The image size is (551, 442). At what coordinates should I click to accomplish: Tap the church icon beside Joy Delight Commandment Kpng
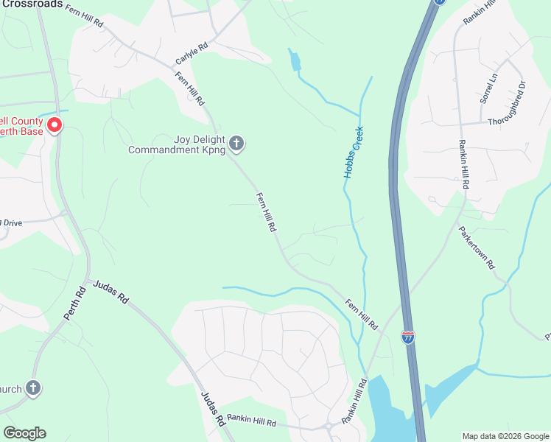coord(236,143)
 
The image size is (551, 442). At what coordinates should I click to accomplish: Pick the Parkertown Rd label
coord(477,248)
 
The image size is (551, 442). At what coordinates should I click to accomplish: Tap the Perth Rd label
coord(74,303)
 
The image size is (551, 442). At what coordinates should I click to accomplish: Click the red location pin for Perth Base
coord(54,125)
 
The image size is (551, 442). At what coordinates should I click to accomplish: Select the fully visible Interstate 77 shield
coord(407,337)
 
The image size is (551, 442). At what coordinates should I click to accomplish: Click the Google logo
coord(24,433)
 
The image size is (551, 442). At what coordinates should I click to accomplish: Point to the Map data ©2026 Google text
coord(505,436)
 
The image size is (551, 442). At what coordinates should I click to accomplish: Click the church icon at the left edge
coord(32,387)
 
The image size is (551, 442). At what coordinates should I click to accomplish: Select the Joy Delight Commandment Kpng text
coord(176,144)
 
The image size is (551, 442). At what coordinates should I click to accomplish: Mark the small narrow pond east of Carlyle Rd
coord(295,60)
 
